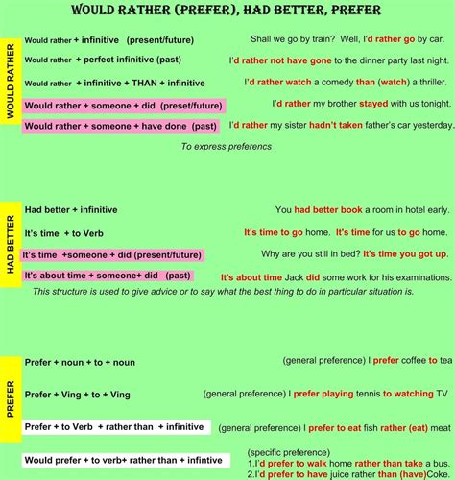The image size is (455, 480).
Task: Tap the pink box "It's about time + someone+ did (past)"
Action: pos(108,276)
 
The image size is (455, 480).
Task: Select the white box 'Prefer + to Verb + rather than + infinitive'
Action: pos(114,426)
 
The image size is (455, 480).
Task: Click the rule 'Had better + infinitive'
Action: pos(71,209)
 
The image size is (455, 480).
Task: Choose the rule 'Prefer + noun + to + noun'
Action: pos(80,362)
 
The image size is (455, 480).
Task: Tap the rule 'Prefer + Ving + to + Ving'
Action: pos(78,394)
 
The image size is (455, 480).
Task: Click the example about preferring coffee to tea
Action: pos(367,361)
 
